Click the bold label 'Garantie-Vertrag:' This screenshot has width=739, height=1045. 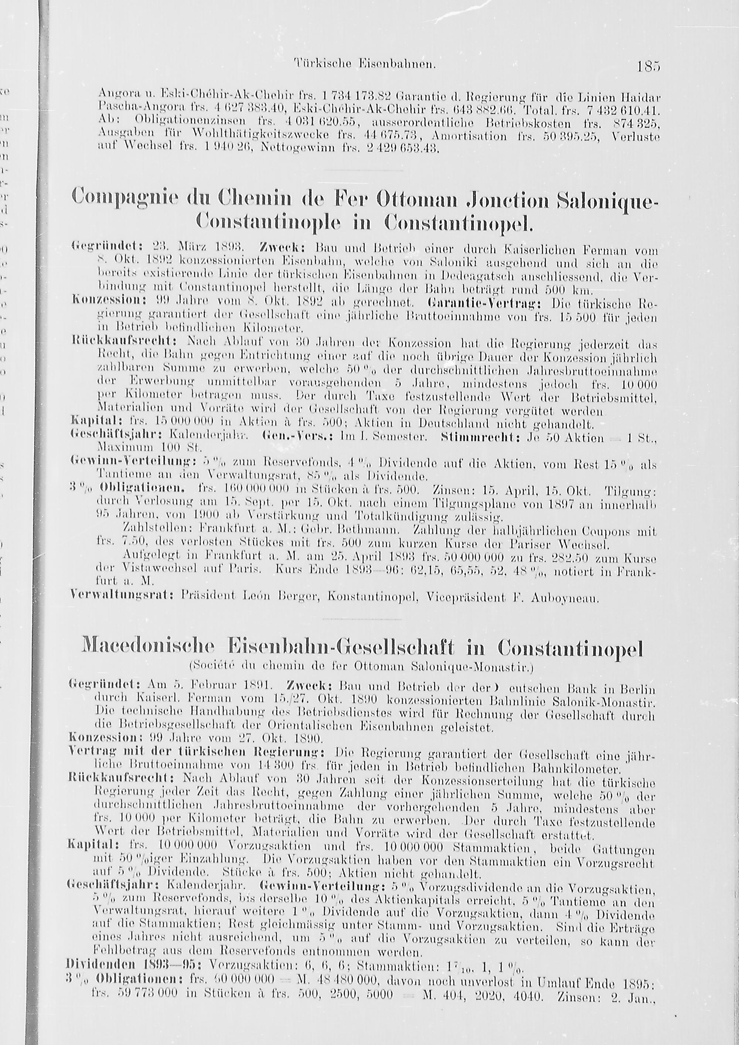tap(487, 302)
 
